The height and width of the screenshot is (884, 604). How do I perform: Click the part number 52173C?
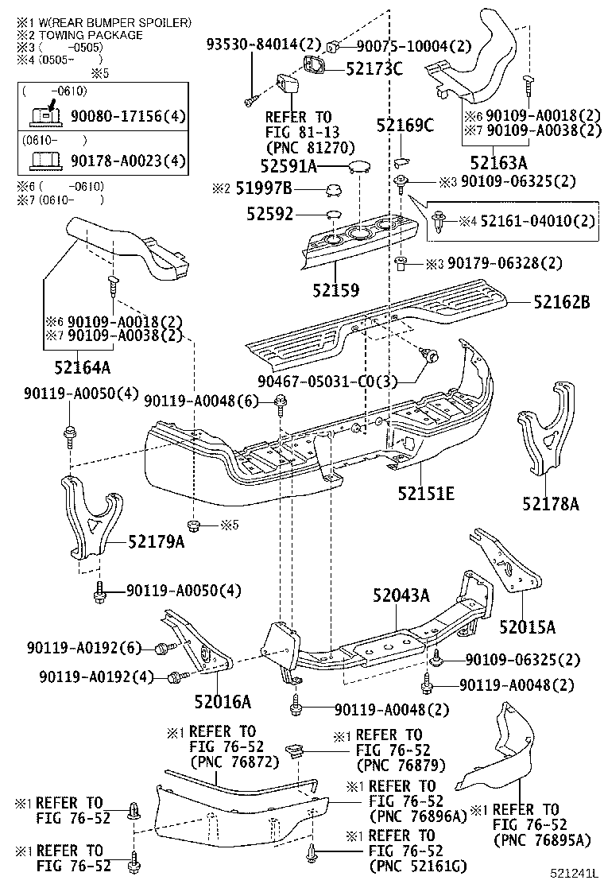[369, 68]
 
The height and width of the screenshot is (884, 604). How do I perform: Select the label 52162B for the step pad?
[561, 302]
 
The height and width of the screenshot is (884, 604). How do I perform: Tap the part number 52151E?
[426, 494]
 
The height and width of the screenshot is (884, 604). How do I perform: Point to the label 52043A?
[401, 595]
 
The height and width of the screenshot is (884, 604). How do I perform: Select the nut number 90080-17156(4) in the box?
[127, 117]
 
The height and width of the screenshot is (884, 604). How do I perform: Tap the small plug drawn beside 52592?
[331, 215]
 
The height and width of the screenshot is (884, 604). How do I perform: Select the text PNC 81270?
[311, 148]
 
